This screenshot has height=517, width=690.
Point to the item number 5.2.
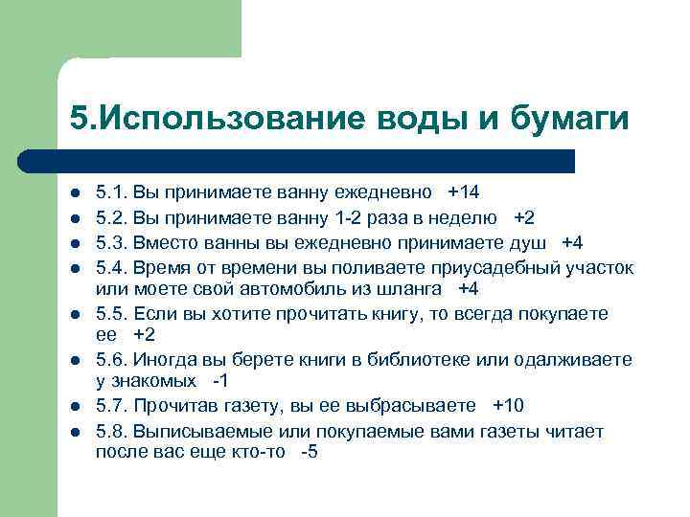[x=111, y=216]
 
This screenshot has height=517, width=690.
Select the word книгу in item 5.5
[x=408, y=313]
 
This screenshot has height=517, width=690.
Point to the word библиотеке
[x=425, y=360]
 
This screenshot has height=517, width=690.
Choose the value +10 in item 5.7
[x=508, y=404]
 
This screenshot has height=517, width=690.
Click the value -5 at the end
[x=309, y=452]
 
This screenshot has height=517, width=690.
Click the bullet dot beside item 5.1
[x=74, y=193]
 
